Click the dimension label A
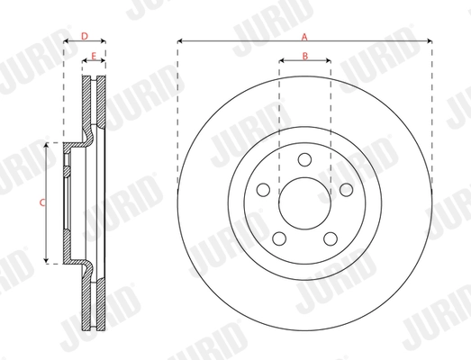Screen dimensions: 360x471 coord(304,36)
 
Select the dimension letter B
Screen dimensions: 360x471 coord(304,56)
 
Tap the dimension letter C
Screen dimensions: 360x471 coord(42,203)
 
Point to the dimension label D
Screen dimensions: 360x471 coord(84,36)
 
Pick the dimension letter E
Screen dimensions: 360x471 coord(93,56)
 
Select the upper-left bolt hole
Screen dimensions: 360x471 coord(263,190)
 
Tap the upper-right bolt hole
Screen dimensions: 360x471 coord(346,190)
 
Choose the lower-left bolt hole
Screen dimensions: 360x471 coord(279,238)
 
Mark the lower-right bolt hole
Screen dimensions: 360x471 coord(330,238)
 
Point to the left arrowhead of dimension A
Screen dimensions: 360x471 coord(180,41)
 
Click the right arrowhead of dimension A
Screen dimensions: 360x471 coord(430,41)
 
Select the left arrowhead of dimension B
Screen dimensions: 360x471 coord(282,61)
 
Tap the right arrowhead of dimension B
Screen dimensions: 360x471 coord(328,61)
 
